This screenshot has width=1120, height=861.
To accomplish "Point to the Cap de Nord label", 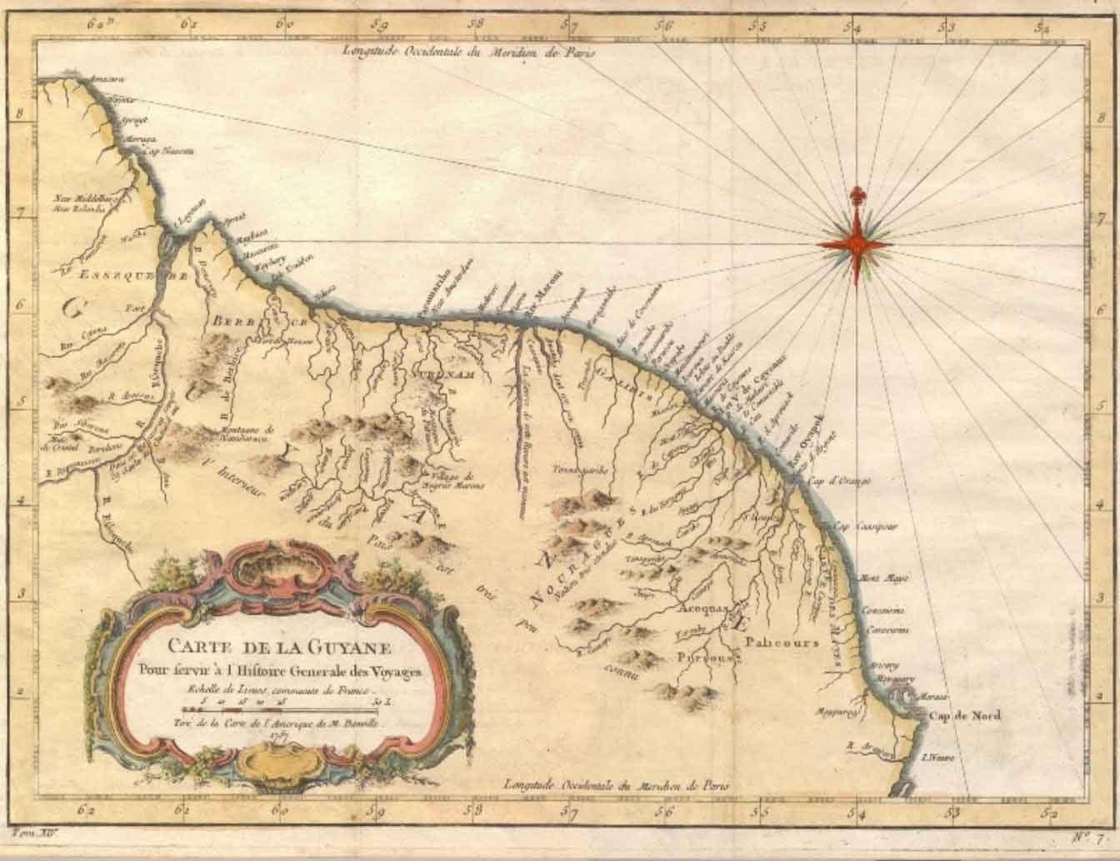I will point(964,715).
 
